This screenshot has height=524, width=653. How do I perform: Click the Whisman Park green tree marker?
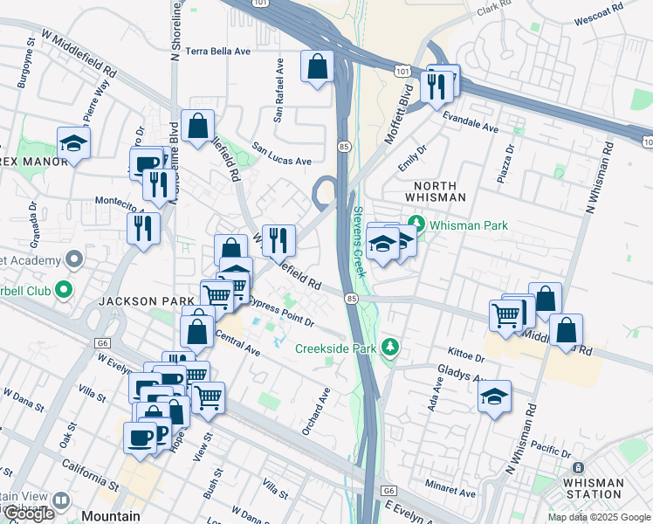tap(416, 225)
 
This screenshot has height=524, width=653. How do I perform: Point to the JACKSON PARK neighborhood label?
tap(145, 300)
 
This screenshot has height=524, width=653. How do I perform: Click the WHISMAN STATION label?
tap(593, 487)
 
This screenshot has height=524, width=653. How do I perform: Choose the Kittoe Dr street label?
tap(465, 356)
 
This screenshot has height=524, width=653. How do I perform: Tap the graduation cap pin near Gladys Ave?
tap(493, 397)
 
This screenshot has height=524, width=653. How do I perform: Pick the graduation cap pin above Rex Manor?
tap(74, 143)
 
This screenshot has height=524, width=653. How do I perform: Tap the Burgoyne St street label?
tap(24, 63)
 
